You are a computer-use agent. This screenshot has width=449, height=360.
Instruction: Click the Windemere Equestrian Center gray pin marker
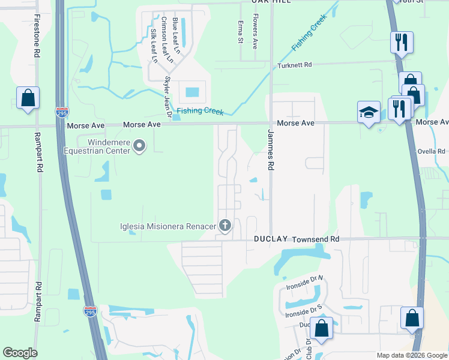pos(139,145)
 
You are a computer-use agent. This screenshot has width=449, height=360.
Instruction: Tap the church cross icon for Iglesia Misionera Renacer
pos(225,226)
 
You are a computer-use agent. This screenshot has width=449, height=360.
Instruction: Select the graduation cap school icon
pos(369,112)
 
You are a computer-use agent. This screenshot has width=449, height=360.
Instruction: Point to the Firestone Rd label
pos(37,37)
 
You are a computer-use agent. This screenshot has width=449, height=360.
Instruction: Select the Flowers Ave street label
pos(255,31)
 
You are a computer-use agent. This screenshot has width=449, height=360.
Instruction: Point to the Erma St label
pos(240,32)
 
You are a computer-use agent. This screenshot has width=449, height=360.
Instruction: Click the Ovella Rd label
pos(433,152)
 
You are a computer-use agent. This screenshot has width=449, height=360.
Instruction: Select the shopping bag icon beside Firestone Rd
pos(28,98)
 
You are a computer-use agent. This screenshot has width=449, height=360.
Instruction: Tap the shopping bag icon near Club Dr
pos(321,329)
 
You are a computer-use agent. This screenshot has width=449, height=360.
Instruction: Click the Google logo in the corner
pos(20,353)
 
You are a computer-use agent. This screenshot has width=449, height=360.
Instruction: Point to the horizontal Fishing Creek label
pos(200,112)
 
